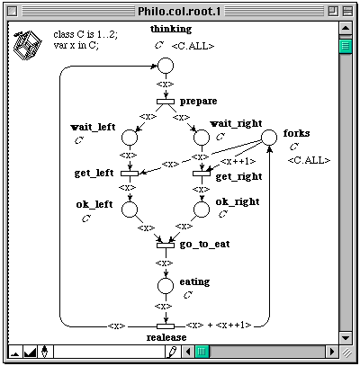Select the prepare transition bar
[x=166, y=102]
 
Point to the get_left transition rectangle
[x=130, y=174]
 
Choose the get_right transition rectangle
[x=202, y=174]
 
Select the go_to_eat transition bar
[x=166, y=245]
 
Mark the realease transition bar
[x=166, y=326]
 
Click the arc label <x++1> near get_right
[x=238, y=161]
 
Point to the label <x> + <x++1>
[x=219, y=325]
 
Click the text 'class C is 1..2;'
[x=85, y=34]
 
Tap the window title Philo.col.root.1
[x=179, y=12]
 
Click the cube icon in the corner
[x=27, y=45]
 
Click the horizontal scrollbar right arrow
[x=332, y=351]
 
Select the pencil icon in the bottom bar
[x=173, y=352]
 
